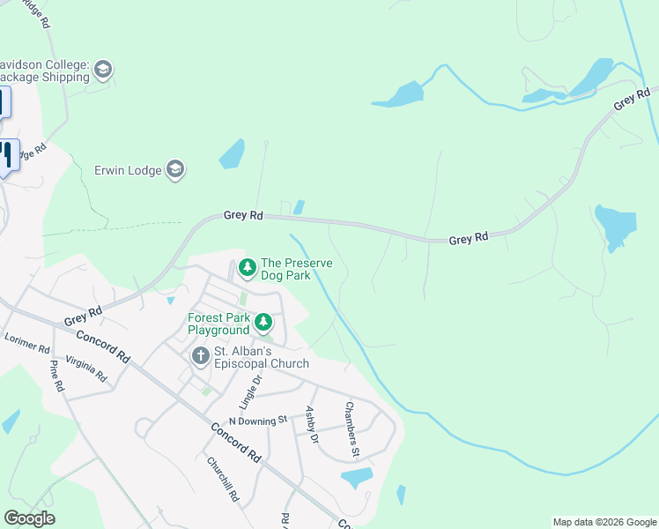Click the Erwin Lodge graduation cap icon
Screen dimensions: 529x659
click(174, 170)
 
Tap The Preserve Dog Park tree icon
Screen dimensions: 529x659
click(248, 266)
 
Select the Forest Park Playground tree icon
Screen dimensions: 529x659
click(263, 323)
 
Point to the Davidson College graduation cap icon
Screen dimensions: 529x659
click(103, 71)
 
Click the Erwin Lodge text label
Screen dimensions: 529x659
click(128, 170)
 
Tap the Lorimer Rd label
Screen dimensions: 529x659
click(27, 342)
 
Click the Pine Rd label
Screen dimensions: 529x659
click(56, 376)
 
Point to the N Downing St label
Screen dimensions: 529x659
click(257, 421)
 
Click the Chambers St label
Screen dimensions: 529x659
click(352, 429)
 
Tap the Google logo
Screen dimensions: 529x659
click(29, 518)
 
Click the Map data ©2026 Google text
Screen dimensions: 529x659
click(603, 522)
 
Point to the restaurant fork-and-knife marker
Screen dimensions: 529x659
click(8, 155)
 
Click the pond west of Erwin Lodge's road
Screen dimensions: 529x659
click(232, 153)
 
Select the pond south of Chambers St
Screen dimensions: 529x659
click(356, 478)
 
